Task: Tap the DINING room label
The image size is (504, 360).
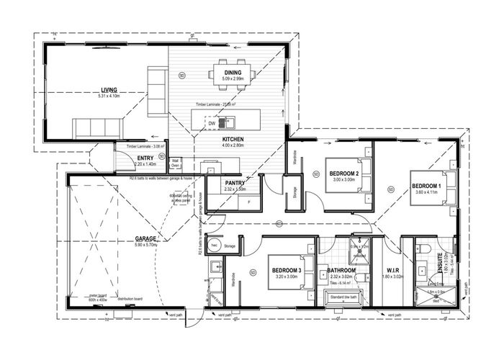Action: [233, 72]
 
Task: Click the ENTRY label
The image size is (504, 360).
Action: [145, 158]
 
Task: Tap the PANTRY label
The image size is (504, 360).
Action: [235, 183]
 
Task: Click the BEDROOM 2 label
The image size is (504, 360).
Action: [344, 174]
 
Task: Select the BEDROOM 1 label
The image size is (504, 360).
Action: [426, 186]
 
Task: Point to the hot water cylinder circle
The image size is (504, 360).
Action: [214, 245]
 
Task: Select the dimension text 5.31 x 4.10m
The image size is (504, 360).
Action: [114, 97]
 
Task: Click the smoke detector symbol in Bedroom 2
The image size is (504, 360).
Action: [315, 174]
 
